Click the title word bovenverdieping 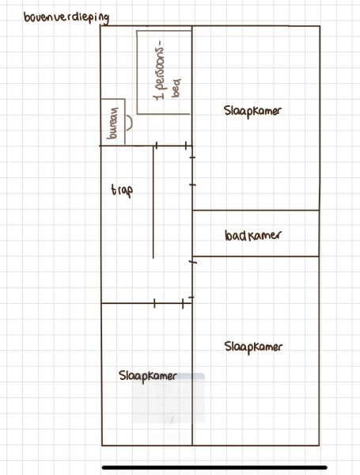[x=66, y=18]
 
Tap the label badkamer [x=253, y=235]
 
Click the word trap [x=122, y=191]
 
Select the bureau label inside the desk [x=113, y=123]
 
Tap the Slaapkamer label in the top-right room [x=252, y=111]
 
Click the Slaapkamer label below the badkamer [x=253, y=348]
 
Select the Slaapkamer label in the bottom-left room [x=148, y=376]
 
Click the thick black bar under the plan [x=214, y=468]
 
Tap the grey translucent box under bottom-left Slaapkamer [x=169, y=398]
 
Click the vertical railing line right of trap [x=153, y=202]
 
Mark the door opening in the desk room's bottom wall [x=171, y=146]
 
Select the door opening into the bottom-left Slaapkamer [x=169, y=303]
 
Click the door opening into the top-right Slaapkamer [x=192, y=171]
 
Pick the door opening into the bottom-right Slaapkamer [x=192, y=279]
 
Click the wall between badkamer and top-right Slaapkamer [x=256, y=210]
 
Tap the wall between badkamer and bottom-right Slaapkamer [x=256, y=256]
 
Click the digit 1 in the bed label [x=159, y=97]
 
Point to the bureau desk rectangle [x=113, y=122]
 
